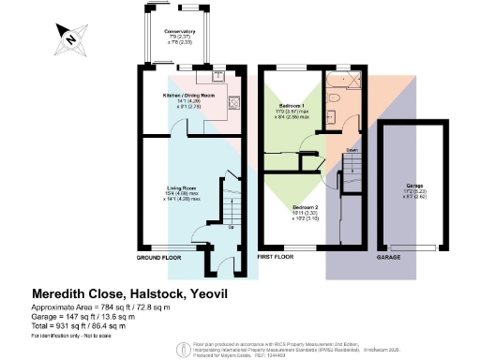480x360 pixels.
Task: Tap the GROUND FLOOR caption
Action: click(157, 257)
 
